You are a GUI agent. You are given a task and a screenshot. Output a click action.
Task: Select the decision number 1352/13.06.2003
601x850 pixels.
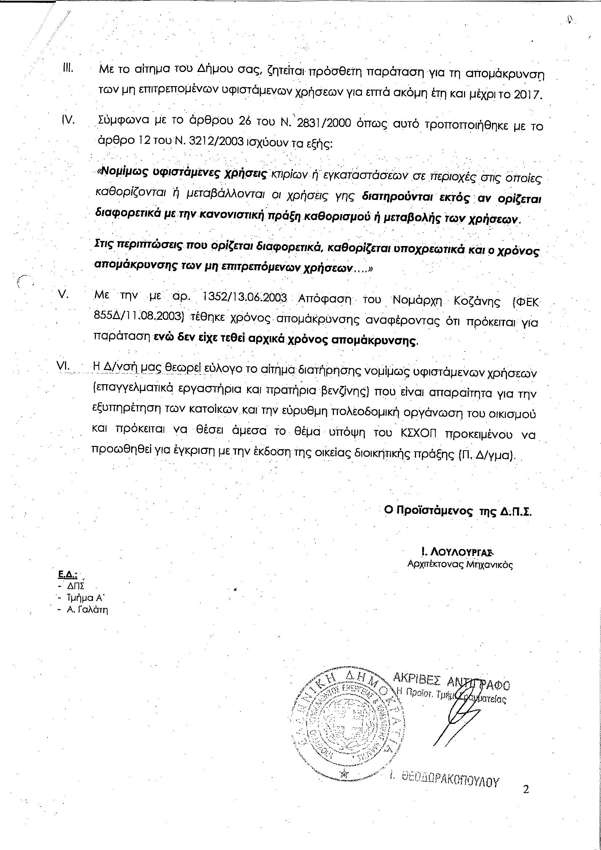(x=245, y=298)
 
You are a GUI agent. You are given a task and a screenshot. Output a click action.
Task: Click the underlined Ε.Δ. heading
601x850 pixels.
(x=67, y=575)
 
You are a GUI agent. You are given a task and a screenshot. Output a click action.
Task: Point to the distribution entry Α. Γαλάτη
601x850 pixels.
(x=87, y=610)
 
